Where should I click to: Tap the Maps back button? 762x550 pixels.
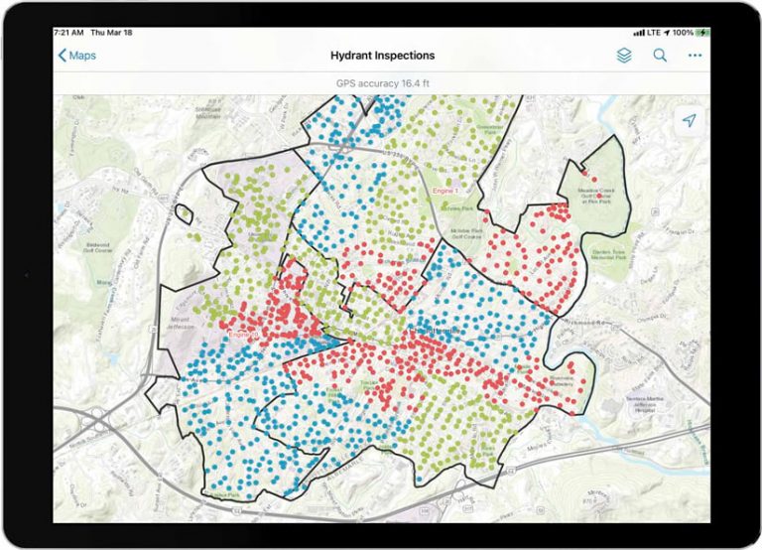77,56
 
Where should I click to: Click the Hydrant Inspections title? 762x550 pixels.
382,56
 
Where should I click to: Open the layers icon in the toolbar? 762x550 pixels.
623,56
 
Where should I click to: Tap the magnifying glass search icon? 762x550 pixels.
660,56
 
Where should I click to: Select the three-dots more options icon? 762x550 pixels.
695,56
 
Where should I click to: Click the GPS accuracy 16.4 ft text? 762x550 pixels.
382,83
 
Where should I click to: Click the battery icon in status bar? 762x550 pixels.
702,33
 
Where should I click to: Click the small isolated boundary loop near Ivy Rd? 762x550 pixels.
183,212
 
